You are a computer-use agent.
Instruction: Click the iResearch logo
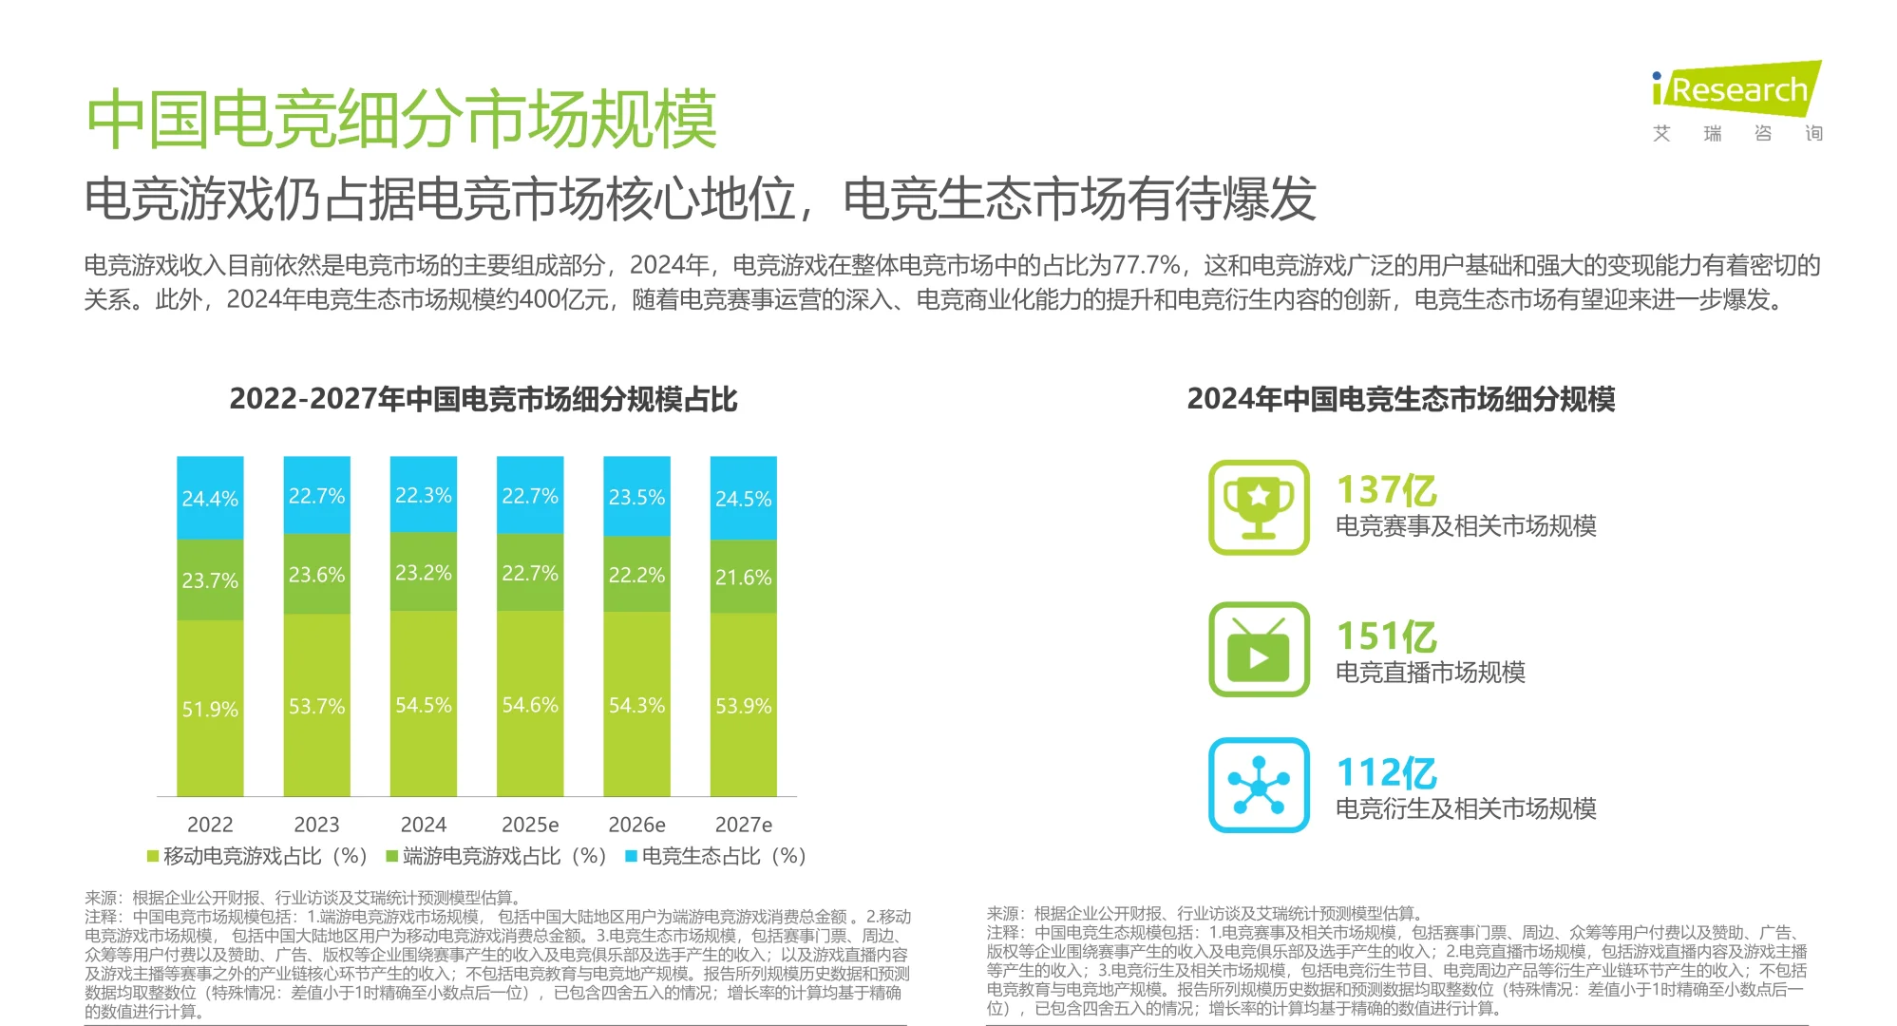(x=1736, y=91)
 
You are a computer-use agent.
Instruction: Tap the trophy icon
(x=1259, y=507)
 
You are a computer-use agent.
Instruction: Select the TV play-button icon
(x=1259, y=650)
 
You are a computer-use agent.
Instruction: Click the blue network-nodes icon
(x=1259, y=786)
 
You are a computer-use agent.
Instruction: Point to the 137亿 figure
(x=1386, y=490)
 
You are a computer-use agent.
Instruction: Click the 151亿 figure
(x=1386, y=636)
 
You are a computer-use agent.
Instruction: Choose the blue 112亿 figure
(x=1386, y=773)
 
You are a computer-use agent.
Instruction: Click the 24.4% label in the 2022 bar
(x=210, y=499)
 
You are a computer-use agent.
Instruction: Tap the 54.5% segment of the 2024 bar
(x=424, y=705)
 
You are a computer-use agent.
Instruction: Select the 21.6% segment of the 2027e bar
(x=743, y=577)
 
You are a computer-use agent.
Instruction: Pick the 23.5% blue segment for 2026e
(x=636, y=497)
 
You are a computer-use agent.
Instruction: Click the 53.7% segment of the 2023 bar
(x=316, y=706)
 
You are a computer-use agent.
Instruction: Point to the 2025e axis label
(x=530, y=825)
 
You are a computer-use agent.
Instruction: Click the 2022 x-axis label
(x=210, y=825)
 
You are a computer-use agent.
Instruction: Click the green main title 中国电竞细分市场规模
(x=401, y=120)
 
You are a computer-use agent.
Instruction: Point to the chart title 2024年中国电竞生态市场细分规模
(x=1400, y=399)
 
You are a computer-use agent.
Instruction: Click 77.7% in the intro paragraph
(x=1147, y=265)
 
